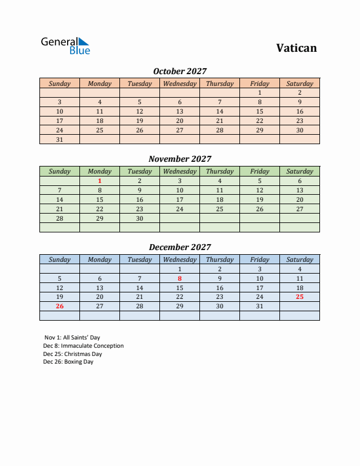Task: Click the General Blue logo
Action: [x=65, y=46]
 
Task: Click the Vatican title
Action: [x=296, y=48]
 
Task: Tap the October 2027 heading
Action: [x=180, y=71]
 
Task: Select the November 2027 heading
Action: [x=180, y=159]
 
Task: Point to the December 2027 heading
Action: [x=180, y=247]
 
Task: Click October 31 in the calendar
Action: [x=59, y=139]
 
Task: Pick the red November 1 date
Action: [x=99, y=181]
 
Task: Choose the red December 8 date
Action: [x=179, y=278]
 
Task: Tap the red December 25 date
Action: [x=299, y=297]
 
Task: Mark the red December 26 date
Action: [x=59, y=306]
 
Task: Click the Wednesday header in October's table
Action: [x=179, y=84]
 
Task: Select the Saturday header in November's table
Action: [x=299, y=172]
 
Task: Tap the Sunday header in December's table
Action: [x=59, y=259]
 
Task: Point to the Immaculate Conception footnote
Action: [x=83, y=346]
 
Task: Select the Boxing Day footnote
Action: [x=68, y=362]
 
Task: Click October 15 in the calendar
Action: [x=259, y=111]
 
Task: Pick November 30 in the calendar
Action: [x=139, y=218]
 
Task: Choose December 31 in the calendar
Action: [x=259, y=306]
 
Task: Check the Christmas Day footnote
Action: [x=72, y=354]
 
